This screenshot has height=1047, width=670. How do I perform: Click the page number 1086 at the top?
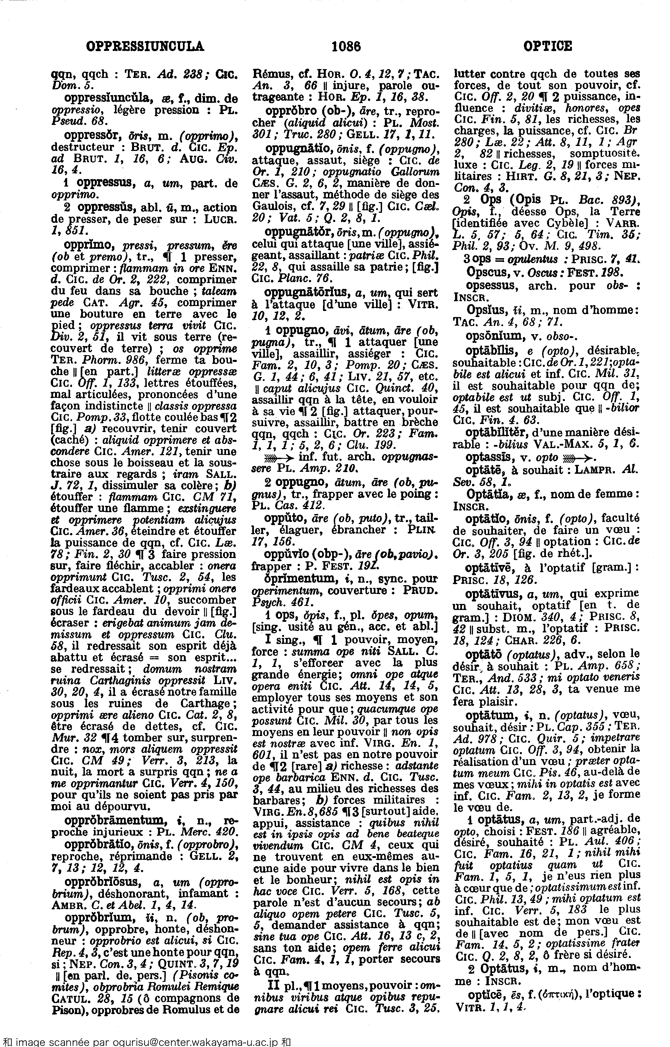pos(346,46)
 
